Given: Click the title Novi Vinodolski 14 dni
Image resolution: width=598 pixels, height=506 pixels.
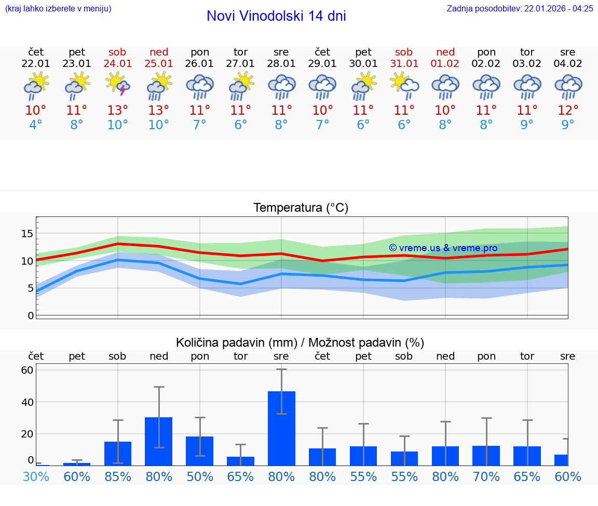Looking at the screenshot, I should click(276, 16).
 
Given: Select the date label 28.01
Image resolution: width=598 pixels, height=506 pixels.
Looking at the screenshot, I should click(281, 64).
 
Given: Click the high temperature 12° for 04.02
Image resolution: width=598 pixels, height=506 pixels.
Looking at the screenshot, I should click(568, 111).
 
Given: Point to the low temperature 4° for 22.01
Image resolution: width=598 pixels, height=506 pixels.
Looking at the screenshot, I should click(36, 125).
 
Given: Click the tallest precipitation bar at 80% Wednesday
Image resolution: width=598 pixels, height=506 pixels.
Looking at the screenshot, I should click(281, 428).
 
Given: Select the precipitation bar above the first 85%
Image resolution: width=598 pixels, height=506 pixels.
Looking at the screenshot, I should click(118, 453).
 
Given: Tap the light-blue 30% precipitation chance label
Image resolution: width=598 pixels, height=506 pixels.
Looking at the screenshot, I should click(36, 476).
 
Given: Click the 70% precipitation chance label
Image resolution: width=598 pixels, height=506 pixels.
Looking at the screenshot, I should click(486, 476).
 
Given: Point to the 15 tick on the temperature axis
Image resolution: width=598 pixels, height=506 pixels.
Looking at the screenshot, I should click(27, 234).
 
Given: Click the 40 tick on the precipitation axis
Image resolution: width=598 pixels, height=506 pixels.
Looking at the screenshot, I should click(27, 402).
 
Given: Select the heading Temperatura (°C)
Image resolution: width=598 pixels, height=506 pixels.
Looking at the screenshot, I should click(301, 208).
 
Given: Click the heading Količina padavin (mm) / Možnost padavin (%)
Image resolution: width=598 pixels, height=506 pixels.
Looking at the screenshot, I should click(300, 343).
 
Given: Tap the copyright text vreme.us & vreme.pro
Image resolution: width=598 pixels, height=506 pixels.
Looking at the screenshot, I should click(443, 248).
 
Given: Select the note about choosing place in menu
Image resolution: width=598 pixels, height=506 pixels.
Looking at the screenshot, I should click(58, 8).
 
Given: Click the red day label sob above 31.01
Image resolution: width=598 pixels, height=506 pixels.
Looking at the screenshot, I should click(404, 52).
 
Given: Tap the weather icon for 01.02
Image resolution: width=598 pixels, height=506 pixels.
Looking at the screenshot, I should click(445, 86).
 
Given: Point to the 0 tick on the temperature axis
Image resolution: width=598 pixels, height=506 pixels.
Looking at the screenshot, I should click(31, 316).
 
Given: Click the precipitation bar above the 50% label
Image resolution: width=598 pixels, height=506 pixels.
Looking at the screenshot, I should click(200, 450).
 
